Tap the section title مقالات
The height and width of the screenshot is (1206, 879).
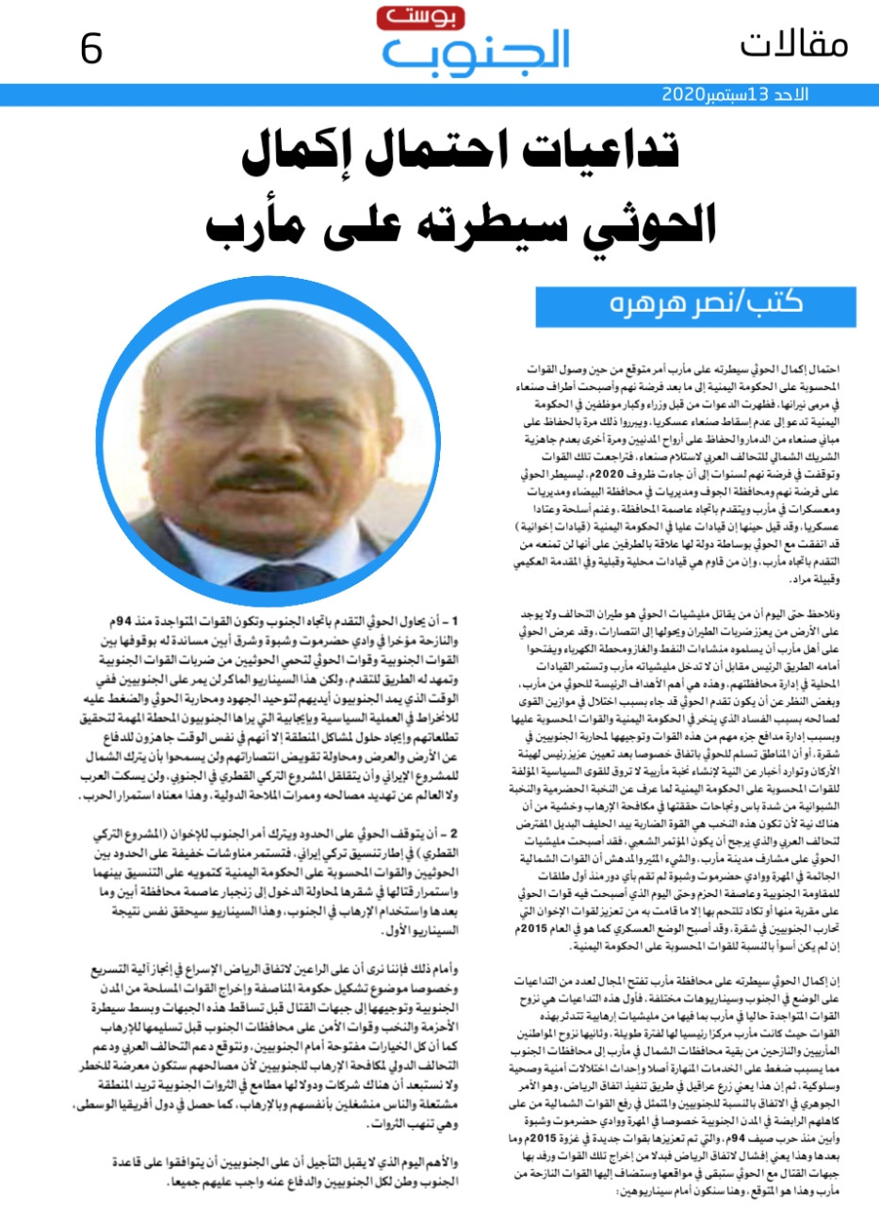pyautogui.click(x=793, y=43)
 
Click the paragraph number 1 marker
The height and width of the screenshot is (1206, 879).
pyautogui.click(x=454, y=623)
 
